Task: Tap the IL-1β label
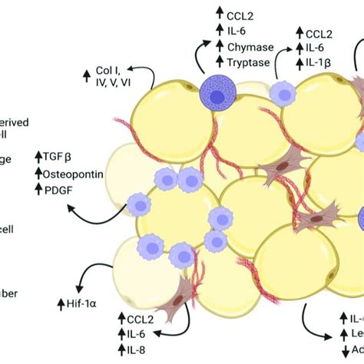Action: coord(319,62)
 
